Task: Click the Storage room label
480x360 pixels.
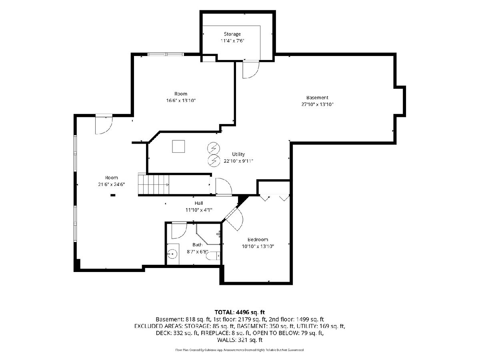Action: click(232, 34)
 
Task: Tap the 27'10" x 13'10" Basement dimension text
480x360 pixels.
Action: click(317, 104)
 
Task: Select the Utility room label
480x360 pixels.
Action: click(238, 154)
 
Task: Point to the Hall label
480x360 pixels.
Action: click(198, 203)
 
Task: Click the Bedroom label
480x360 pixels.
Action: click(258, 239)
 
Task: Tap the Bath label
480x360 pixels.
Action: click(197, 244)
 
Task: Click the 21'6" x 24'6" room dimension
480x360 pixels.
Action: click(111, 184)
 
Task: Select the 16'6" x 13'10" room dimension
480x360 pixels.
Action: click(181, 100)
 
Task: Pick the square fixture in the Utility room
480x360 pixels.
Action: click(178, 146)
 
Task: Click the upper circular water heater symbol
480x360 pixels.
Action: click(214, 148)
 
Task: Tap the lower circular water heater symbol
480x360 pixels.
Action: click(214, 161)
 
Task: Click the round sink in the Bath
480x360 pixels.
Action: click(172, 254)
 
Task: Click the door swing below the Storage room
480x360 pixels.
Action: click(251, 70)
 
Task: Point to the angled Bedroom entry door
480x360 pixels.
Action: click(233, 218)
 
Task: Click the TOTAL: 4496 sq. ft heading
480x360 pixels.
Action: click(240, 312)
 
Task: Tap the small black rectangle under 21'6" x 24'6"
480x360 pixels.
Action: click(113, 195)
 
